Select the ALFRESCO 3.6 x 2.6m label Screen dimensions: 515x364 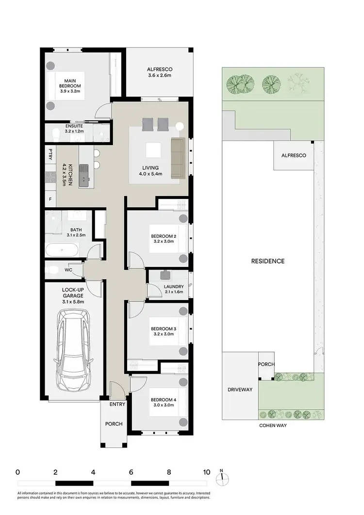coord(160,72)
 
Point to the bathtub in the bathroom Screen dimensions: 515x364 coord(62,251)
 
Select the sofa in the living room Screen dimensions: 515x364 coord(178,157)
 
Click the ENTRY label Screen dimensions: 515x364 coord(117,404)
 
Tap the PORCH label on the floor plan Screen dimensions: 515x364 coord(114,424)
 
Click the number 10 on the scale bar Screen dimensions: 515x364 coord(206,472)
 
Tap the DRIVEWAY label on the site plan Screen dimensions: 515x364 coord(240,390)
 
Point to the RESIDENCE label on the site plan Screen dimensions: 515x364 coord(267,261)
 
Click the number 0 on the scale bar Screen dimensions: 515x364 coord(17,472)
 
